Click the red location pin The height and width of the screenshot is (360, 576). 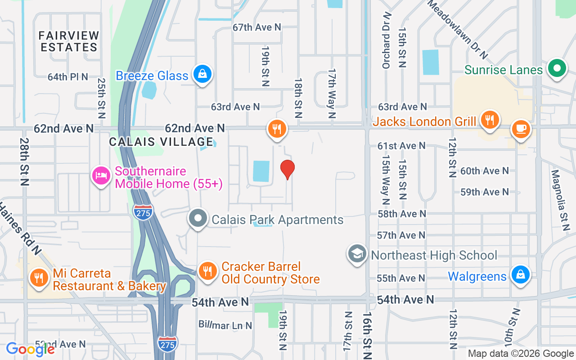click(287, 170)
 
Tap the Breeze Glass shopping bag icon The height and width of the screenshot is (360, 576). click(202, 74)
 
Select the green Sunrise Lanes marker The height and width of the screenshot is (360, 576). click(557, 69)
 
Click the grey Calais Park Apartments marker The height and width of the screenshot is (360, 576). click(198, 219)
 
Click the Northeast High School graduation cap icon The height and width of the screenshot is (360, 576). click(357, 255)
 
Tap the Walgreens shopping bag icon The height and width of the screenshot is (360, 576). click(520, 275)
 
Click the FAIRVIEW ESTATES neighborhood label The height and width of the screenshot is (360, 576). click(69, 41)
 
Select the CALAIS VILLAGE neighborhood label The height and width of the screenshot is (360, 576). click(161, 142)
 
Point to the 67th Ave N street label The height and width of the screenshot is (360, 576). click(256, 27)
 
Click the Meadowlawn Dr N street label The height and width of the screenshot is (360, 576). click(458, 29)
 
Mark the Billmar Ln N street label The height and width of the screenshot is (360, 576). click(225, 325)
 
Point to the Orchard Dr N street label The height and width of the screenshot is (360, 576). click(386, 40)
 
